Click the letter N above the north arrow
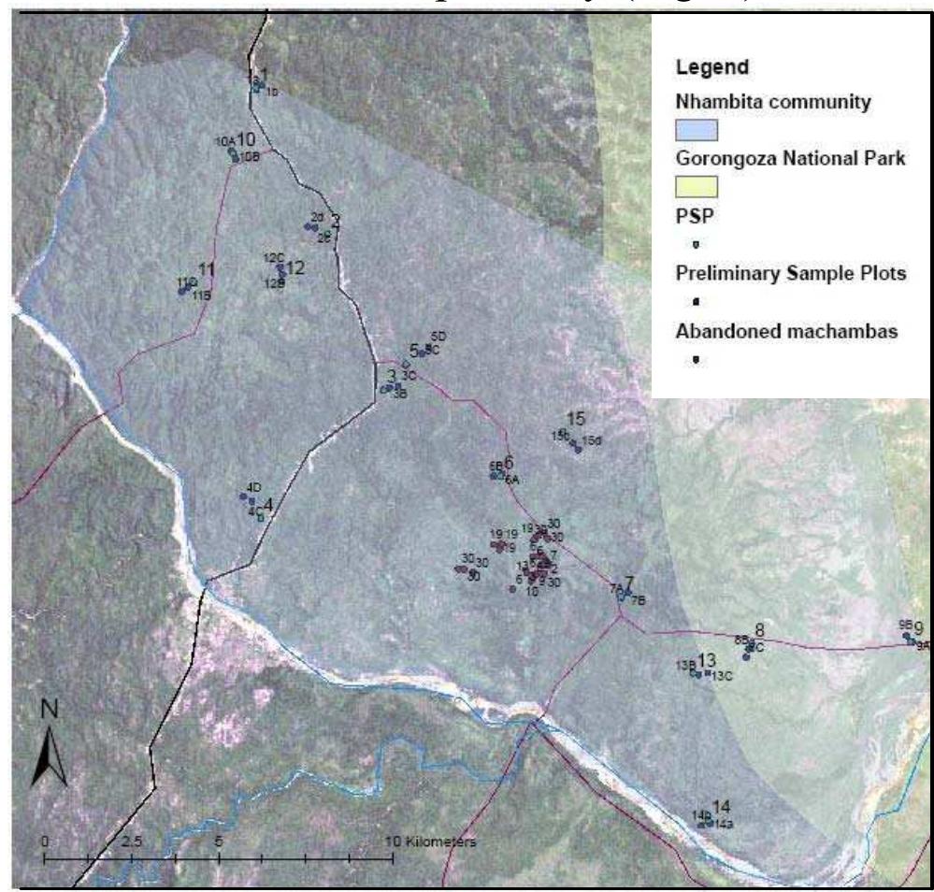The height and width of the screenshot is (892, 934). (50, 710)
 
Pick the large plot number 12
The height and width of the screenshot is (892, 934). (295, 267)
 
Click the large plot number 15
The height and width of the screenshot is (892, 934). (576, 417)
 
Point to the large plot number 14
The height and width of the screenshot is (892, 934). (720, 806)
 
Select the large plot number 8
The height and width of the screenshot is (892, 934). (760, 629)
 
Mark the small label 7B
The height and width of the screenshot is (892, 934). (639, 599)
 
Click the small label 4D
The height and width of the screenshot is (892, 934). (252, 487)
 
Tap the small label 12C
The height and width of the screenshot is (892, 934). (273, 257)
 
